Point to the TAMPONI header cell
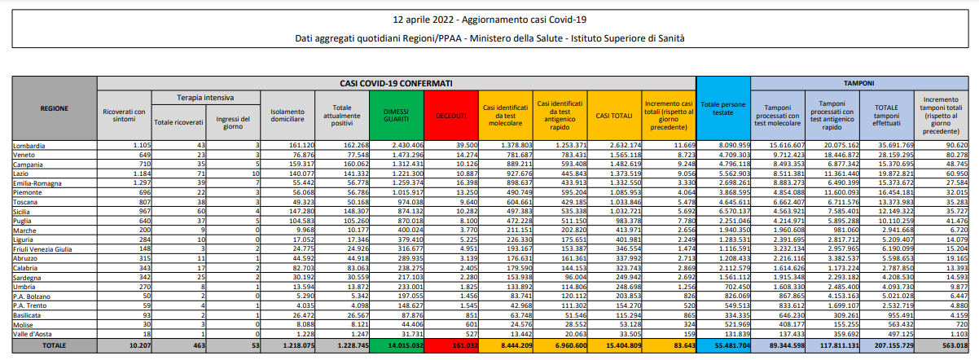tap(858, 83)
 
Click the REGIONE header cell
tap(54, 108)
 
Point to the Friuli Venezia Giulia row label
tap(42, 248)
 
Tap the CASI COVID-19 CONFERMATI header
tap(397, 83)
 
